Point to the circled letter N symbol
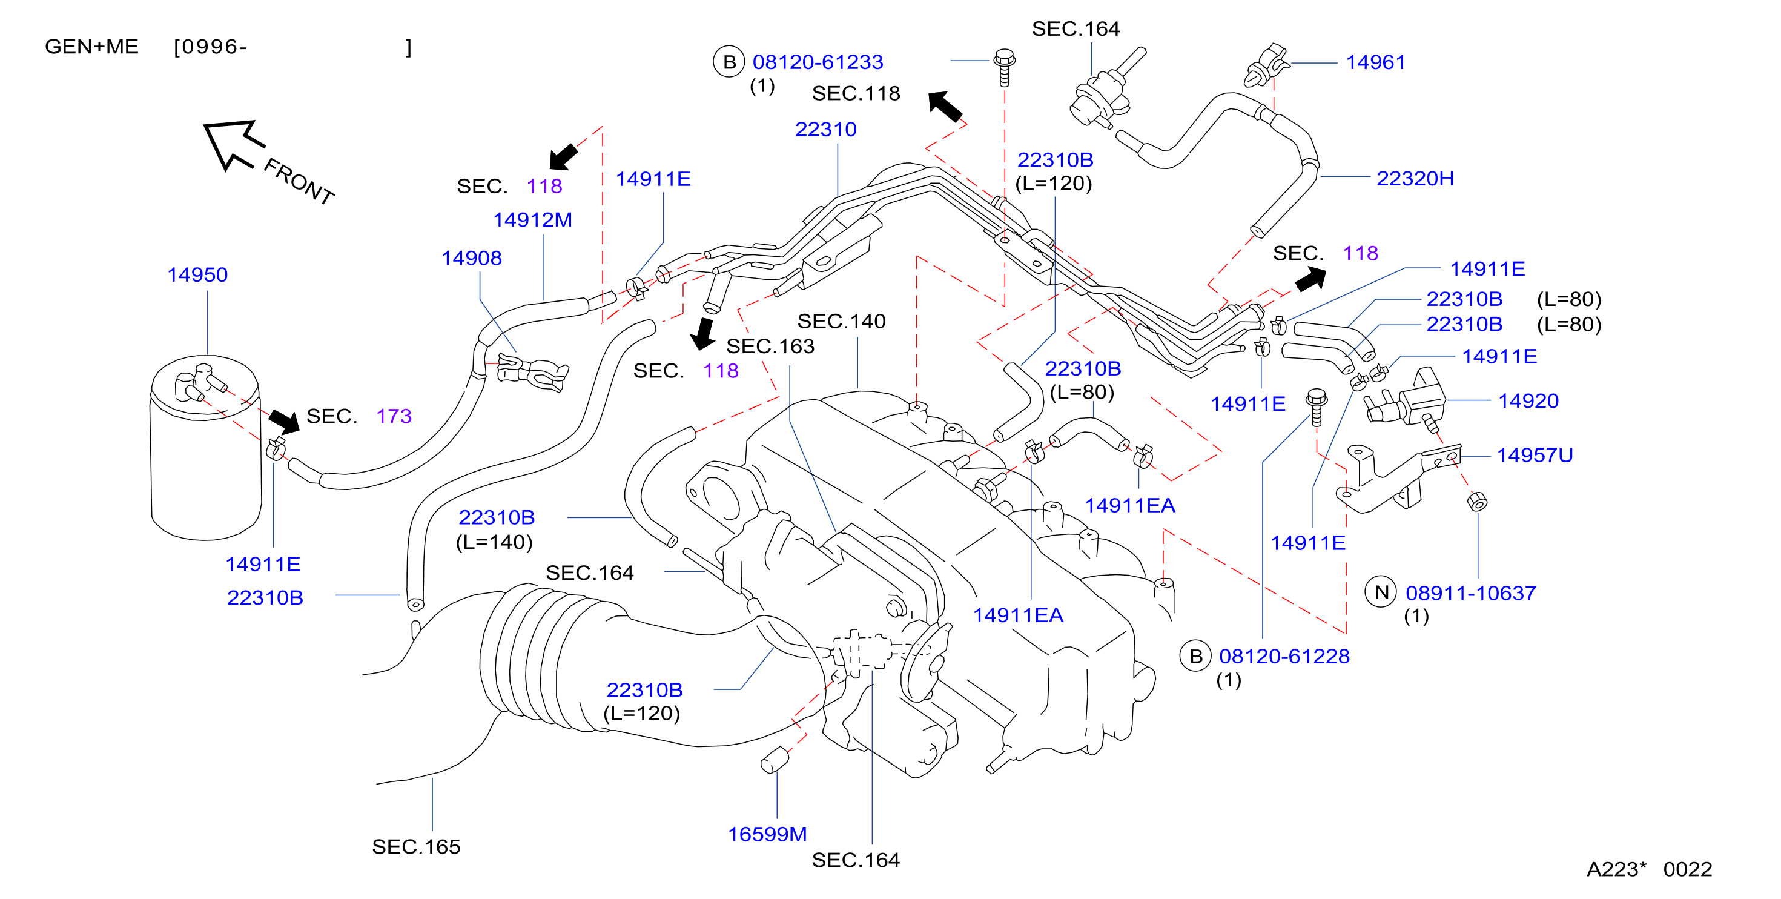click(1381, 592)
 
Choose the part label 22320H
click(1415, 179)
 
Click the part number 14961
click(1375, 62)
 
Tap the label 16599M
click(767, 834)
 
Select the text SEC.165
click(415, 846)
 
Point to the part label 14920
click(1528, 401)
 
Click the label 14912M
click(532, 220)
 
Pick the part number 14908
click(472, 258)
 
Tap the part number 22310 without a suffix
click(825, 129)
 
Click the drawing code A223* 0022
click(1649, 869)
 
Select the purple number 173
click(394, 416)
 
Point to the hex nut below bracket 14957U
click(1477, 502)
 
